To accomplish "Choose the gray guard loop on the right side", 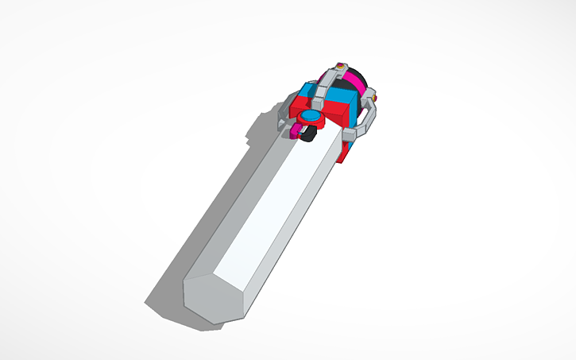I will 367,119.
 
